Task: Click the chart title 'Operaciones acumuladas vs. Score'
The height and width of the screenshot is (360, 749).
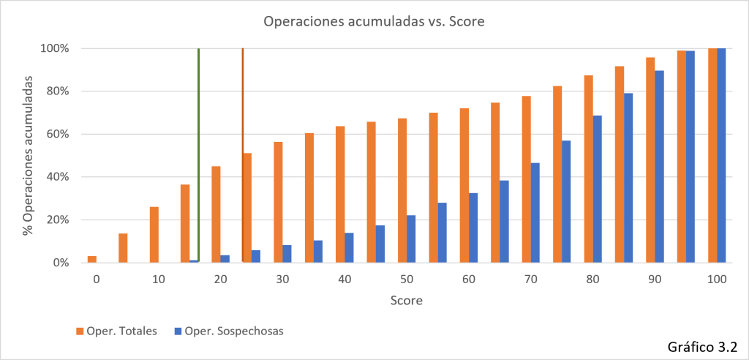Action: click(374, 23)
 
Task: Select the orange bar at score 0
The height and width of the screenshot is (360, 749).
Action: click(92, 259)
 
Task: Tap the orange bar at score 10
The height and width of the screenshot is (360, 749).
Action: click(154, 235)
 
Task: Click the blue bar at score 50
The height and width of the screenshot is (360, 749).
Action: click(411, 239)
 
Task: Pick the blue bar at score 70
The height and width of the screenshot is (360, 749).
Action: click(535, 213)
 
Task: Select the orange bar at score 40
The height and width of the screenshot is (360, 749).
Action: click(341, 194)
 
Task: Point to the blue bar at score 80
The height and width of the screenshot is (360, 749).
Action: click(598, 189)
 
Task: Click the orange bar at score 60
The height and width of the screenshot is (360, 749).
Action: click(464, 186)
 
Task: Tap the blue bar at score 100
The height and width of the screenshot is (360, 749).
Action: click(721, 155)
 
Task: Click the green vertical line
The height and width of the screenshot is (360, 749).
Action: click(198, 155)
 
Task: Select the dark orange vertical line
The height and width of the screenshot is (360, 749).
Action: click(243, 155)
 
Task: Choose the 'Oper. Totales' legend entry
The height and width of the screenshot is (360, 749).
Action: click(117, 331)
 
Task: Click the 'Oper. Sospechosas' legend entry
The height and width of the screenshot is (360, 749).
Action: click(228, 331)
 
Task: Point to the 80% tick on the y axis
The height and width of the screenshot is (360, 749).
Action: click(56, 91)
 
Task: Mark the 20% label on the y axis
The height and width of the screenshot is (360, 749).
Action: click(56, 220)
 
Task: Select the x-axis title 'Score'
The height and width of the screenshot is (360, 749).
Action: click(407, 301)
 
